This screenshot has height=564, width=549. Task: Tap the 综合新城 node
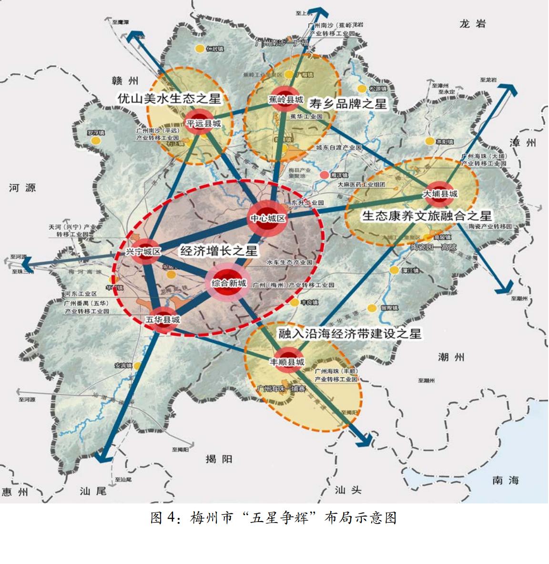tap(229, 283)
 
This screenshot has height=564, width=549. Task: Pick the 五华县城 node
tap(163, 320)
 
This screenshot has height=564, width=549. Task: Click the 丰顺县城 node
tap(287, 362)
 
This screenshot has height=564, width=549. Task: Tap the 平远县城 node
tap(203, 123)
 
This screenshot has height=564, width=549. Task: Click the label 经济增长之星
tap(219, 251)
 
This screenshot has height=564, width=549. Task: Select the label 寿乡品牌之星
tap(348, 103)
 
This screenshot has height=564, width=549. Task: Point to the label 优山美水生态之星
tap(170, 99)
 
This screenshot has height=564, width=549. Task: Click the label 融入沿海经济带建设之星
tap(350, 333)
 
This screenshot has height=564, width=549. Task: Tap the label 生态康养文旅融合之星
tap(427, 215)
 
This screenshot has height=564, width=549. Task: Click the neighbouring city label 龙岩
tap(472, 24)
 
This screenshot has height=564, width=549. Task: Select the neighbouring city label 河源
tap(22, 188)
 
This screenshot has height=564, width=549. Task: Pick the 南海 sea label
tap(506, 480)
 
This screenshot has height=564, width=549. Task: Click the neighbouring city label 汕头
tap(348, 490)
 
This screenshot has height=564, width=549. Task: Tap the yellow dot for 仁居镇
tap(200, 49)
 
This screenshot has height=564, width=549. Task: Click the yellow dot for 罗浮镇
tap(96, 141)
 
